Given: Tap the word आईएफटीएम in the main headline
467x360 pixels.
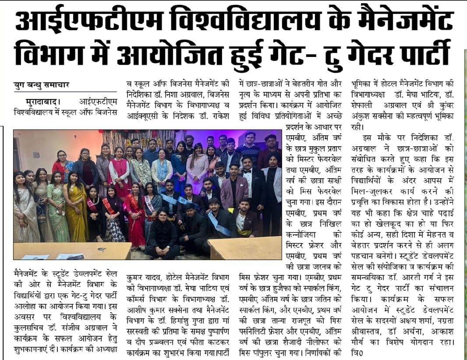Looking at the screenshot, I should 79,19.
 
